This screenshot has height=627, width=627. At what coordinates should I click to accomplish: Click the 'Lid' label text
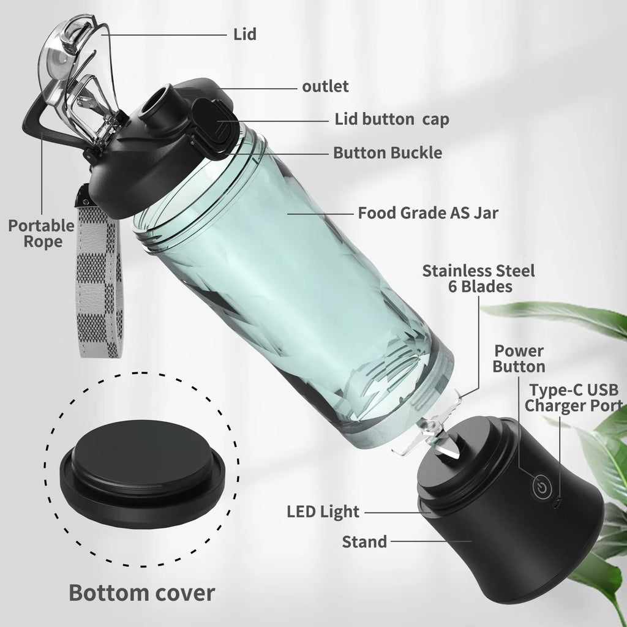tap(244, 34)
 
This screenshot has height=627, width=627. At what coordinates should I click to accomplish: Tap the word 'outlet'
tap(325, 86)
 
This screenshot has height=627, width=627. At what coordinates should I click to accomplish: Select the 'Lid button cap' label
tap(391, 119)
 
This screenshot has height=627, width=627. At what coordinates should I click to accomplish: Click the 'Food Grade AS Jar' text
tap(428, 213)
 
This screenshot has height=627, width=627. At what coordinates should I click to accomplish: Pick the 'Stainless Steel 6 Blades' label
tap(478, 278)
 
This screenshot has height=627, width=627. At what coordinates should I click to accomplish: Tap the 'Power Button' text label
tap(519, 359)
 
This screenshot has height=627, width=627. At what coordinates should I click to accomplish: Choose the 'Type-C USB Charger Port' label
tap(574, 397)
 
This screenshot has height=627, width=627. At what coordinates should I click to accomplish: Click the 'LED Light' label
tap(323, 511)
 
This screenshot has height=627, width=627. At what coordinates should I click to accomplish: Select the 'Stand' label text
tap(364, 541)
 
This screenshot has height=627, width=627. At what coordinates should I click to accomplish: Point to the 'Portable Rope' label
tap(41, 233)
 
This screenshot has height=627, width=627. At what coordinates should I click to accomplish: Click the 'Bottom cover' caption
tap(141, 593)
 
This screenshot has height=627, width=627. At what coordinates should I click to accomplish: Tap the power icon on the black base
tap(539, 487)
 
